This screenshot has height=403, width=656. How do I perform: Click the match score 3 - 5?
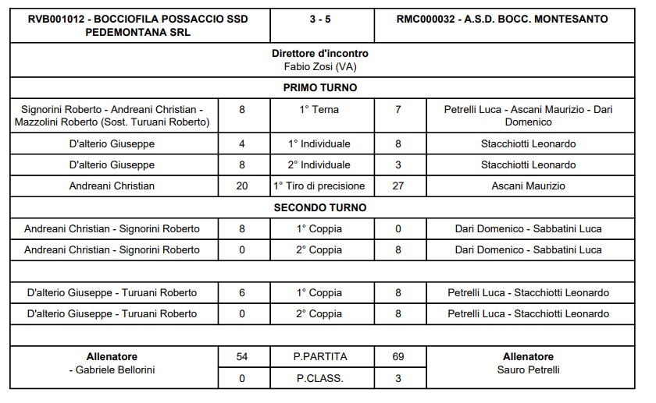[x=320, y=19]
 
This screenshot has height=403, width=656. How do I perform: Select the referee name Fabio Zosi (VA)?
[x=320, y=66]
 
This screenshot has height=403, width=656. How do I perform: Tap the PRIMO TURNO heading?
[x=320, y=88]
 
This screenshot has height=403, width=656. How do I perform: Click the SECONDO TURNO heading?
[x=320, y=208]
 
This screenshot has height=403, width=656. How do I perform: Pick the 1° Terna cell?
[x=320, y=110]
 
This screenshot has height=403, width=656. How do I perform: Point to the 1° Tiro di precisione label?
[x=320, y=186]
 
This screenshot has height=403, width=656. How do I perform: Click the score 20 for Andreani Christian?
[x=242, y=186]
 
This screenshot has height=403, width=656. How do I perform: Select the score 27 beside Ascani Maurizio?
[x=398, y=186]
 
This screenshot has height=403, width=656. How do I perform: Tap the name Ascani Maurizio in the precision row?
[x=528, y=186]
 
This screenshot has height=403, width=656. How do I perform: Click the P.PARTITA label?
[x=320, y=357]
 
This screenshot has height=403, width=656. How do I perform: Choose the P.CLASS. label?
[x=320, y=378]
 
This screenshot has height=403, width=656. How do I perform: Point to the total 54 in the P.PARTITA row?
[x=242, y=357]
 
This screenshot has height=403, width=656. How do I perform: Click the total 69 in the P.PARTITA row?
[x=398, y=357]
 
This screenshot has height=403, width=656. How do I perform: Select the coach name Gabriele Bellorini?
[x=114, y=369]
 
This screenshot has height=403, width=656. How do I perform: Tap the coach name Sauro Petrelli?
[x=528, y=369]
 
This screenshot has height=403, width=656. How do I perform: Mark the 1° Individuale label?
[x=320, y=144]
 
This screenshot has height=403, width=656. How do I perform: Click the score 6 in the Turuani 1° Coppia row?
[x=242, y=293]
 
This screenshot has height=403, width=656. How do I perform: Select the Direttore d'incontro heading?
[x=320, y=54]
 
